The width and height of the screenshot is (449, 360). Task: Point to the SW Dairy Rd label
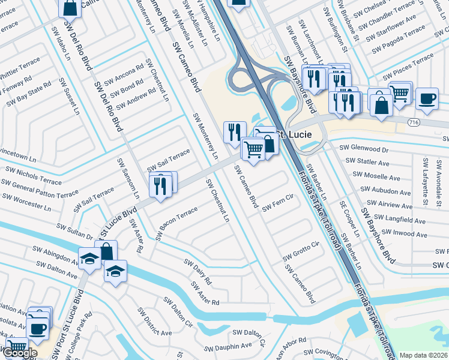pyautogui.click(x=198, y=272)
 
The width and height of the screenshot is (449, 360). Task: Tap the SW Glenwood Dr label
pyautogui.click(x=364, y=148)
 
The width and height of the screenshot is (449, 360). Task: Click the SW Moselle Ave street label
pyautogui.click(x=376, y=176)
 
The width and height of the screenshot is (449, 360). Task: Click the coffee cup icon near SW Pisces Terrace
pyautogui.click(x=427, y=98)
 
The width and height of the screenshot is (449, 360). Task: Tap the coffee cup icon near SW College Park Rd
pyautogui.click(x=38, y=328)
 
